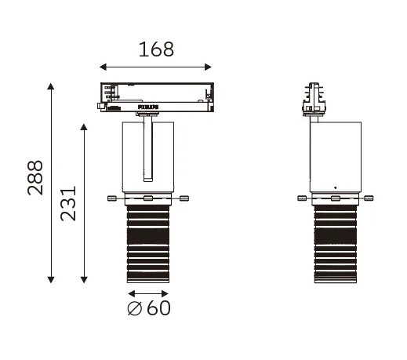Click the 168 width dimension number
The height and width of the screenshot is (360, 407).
click(156, 49)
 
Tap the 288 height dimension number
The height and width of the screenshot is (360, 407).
click(35, 178)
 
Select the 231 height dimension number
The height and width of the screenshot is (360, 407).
click(68, 203)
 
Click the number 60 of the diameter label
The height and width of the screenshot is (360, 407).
click(158, 308)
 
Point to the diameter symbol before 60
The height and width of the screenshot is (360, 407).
click(135, 308)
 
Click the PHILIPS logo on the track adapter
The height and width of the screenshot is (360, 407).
click(148, 107)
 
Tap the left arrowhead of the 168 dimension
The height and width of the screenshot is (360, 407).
click(103, 67)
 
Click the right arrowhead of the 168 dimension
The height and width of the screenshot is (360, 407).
click(208, 67)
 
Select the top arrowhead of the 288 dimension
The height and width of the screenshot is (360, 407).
click(51, 86)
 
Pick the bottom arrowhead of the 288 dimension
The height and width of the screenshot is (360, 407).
click(51, 279)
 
